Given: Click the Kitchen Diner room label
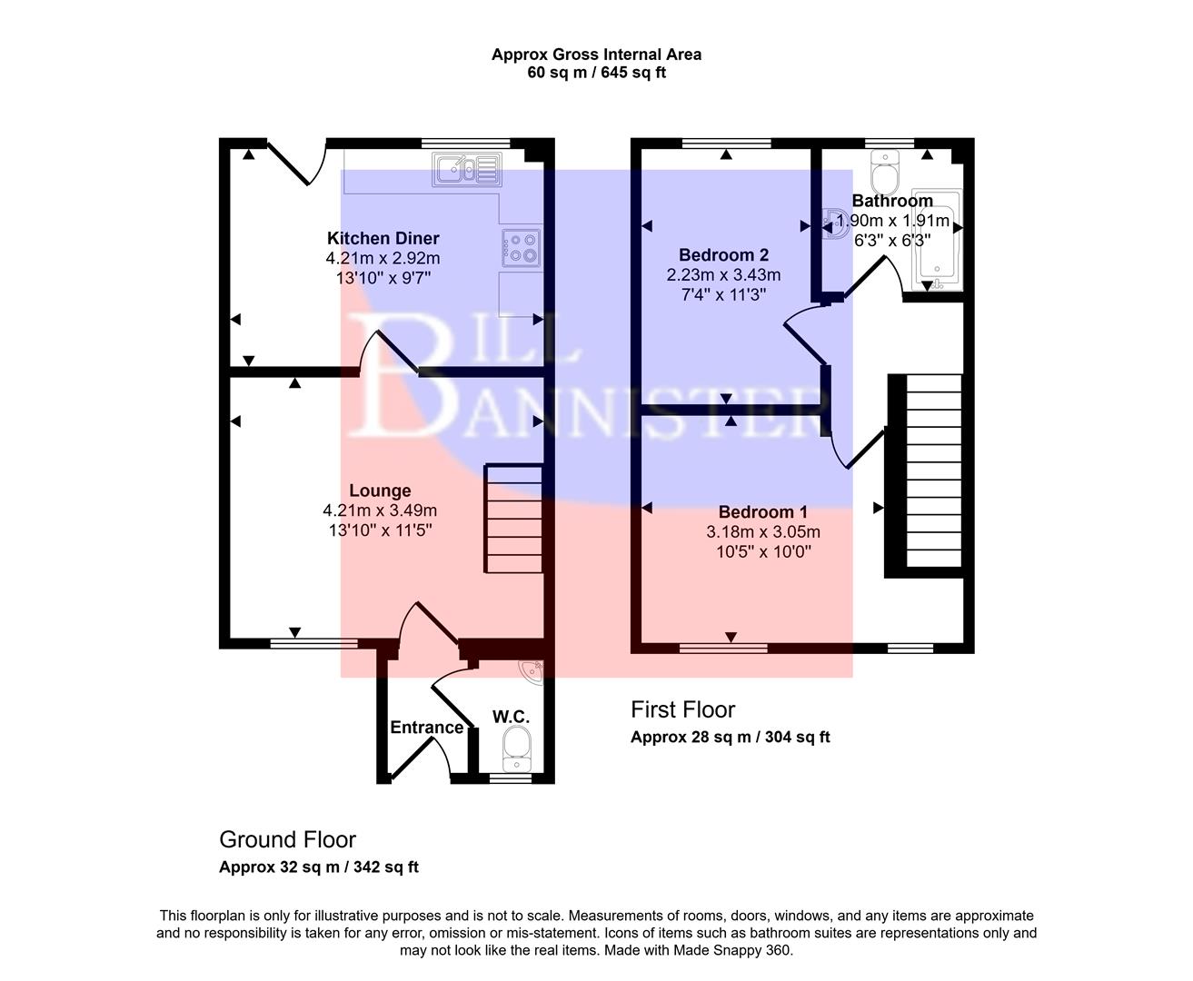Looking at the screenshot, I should [x=383, y=238].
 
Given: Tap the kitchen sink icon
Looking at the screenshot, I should [x=466, y=169].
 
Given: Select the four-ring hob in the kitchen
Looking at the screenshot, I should [x=521, y=247].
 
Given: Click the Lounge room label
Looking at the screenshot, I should [x=380, y=490].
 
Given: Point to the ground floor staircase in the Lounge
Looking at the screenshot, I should [x=515, y=519].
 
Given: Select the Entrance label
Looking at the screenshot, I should [x=426, y=727].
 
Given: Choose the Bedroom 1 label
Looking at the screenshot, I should [x=762, y=512].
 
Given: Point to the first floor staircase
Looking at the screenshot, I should [x=933, y=471].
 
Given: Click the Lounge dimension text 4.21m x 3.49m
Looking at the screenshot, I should [x=380, y=510].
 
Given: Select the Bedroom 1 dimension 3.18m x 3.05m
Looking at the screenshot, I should [x=763, y=532].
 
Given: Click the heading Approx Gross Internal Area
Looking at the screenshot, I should [x=596, y=54].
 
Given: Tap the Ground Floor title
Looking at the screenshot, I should [x=287, y=839].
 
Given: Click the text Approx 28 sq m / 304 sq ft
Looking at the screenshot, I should [x=730, y=737].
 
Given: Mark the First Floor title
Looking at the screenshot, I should [x=682, y=709].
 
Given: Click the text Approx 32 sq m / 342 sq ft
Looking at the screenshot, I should [x=318, y=867].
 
